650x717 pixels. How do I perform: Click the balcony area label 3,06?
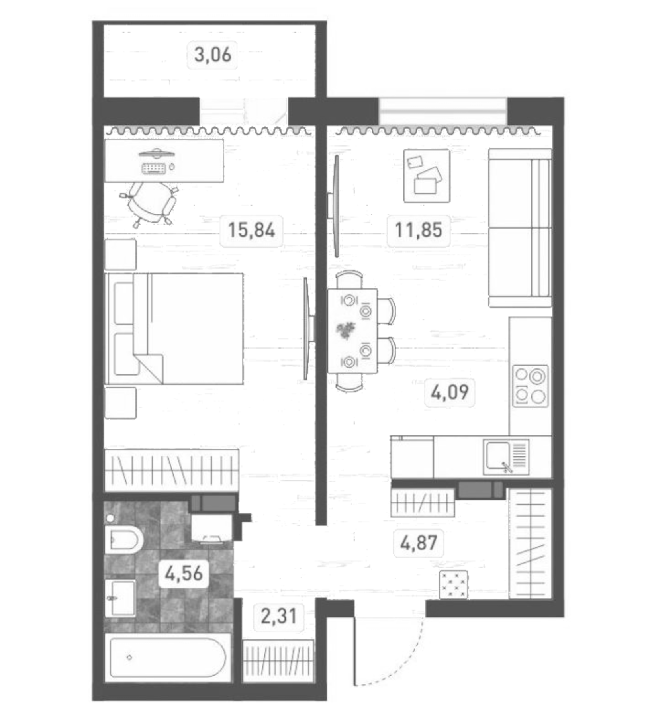click(213, 55)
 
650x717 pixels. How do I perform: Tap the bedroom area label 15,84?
click(251, 230)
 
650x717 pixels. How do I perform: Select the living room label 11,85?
click(418, 230)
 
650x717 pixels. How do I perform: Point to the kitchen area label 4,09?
click(450, 392)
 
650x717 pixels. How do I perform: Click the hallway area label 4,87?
click(418, 543)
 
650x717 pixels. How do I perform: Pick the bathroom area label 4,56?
click(184, 574)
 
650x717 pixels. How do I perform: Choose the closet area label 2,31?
click(278, 616)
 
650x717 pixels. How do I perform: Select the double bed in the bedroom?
click(174, 329)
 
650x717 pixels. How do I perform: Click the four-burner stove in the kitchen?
click(530, 386)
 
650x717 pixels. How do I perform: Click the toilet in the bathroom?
click(124, 540)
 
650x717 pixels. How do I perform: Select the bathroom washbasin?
click(121, 598)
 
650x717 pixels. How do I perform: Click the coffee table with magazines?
click(427, 176)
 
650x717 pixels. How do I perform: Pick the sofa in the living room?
click(520, 228)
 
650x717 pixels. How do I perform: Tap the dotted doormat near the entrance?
click(453, 584)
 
